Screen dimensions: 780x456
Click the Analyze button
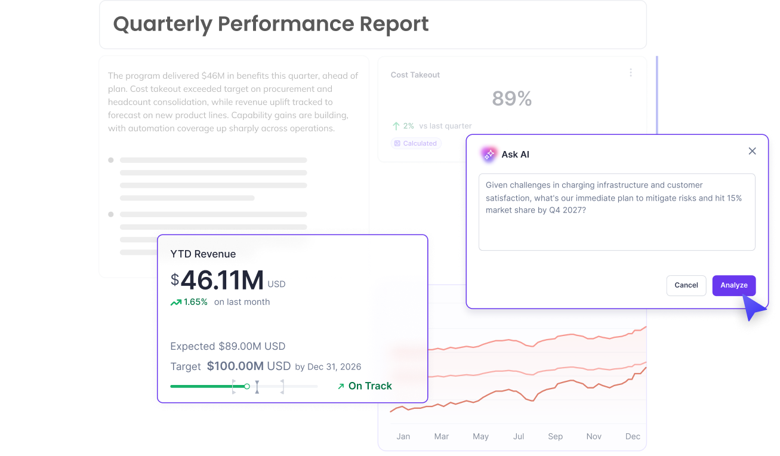733,285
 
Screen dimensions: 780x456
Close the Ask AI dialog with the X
752,151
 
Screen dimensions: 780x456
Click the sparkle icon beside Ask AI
489,154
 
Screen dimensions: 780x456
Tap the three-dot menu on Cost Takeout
631,72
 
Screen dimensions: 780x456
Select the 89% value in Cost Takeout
511,98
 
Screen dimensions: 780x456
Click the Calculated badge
416,143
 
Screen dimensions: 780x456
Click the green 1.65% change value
195,302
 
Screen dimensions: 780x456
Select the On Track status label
370,386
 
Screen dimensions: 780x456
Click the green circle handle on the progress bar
247,386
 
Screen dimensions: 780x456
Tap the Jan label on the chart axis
403,436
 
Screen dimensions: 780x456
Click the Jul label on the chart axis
519,436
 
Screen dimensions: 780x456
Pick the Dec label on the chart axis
633,436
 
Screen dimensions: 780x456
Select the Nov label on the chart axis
594,436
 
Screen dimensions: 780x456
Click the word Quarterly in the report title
162,24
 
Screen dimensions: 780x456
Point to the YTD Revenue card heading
203,254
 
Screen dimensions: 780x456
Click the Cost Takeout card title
415,75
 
